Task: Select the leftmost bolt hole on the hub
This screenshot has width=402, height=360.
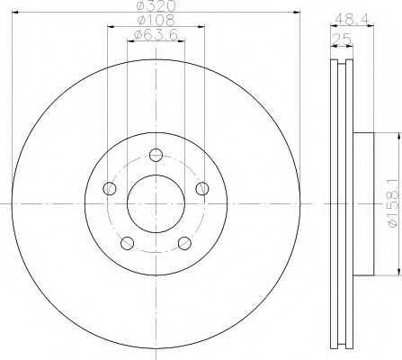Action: coord(111,188)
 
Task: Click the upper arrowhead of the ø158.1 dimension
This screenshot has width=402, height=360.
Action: coord(395,136)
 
